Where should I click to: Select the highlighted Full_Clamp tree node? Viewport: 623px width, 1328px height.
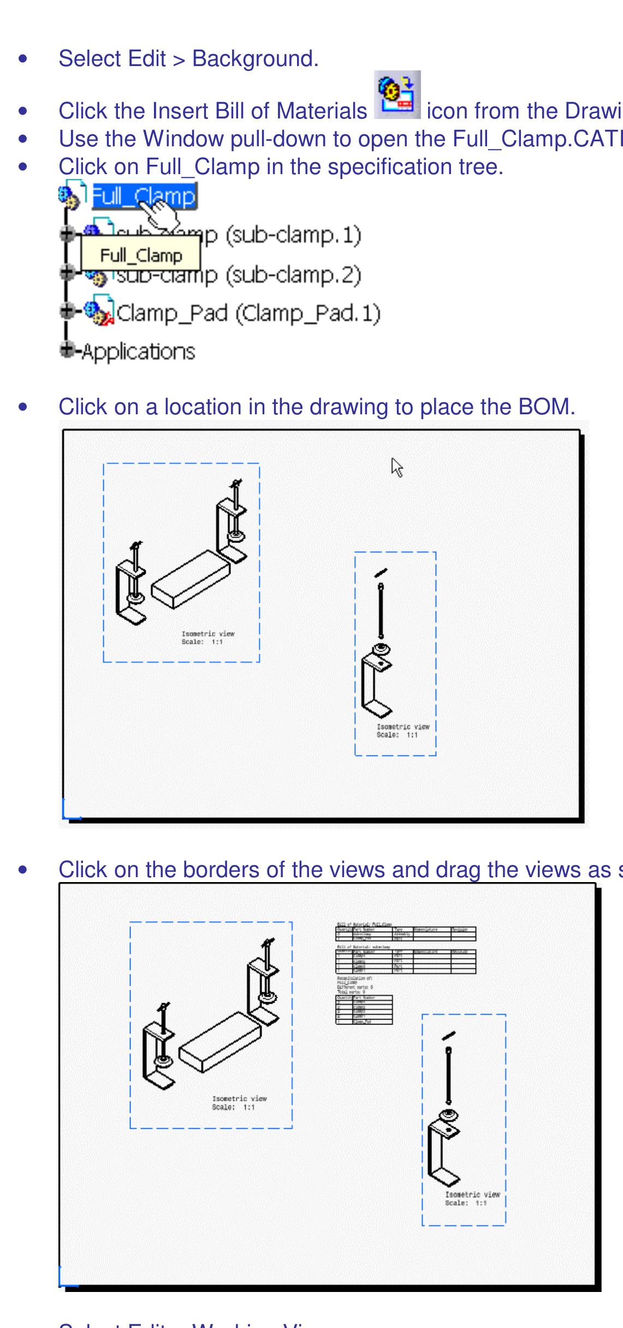[144, 196]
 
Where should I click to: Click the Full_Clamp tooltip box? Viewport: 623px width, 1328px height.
[140, 255]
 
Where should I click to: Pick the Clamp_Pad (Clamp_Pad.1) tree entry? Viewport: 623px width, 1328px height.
[248, 313]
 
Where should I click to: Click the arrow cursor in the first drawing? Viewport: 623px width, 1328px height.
[397, 468]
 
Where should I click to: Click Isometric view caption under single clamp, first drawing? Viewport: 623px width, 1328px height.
[402, 731]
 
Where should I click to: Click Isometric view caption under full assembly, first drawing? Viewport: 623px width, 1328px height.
[207, 638]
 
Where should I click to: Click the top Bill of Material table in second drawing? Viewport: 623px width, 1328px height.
[406, 933]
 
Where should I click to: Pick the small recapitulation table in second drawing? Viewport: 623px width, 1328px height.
[364, 1009]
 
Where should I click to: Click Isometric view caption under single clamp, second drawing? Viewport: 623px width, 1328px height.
[472, 1198]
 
